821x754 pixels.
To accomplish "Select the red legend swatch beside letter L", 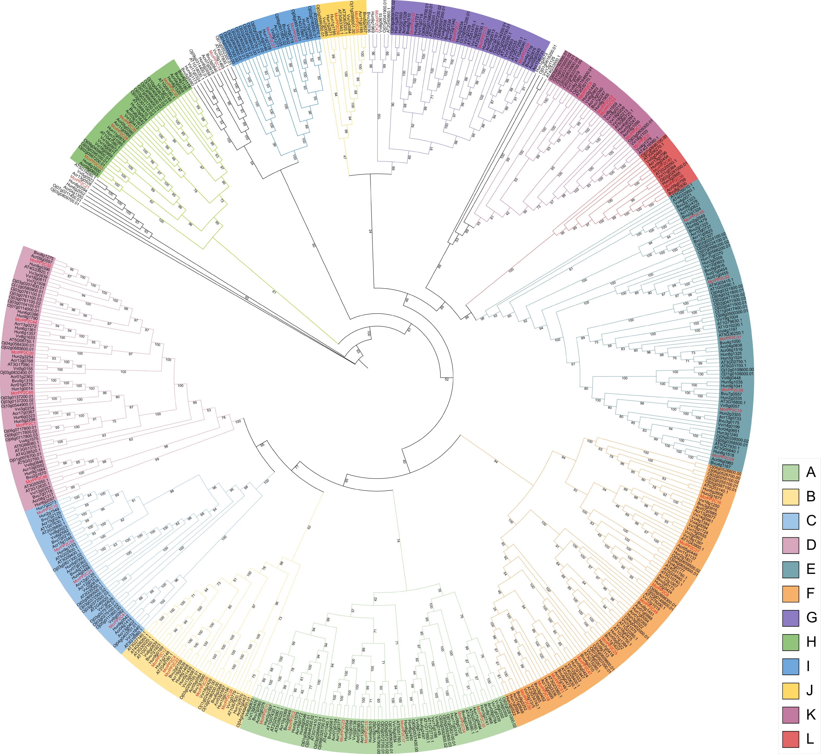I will click(790, 737).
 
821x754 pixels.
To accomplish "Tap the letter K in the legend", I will click(810, 713).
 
